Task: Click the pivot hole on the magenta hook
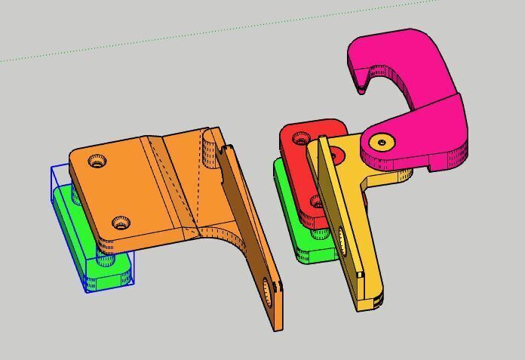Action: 382,141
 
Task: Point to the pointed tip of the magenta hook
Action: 363,90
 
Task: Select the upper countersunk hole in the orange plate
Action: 97,161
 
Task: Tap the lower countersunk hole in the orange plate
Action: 120,223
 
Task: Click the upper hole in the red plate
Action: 335,156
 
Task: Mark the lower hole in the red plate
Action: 318,202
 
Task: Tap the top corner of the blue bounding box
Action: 53,168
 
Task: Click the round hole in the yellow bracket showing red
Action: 335,156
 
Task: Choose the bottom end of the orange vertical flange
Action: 277,325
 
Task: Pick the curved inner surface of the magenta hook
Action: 396,83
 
